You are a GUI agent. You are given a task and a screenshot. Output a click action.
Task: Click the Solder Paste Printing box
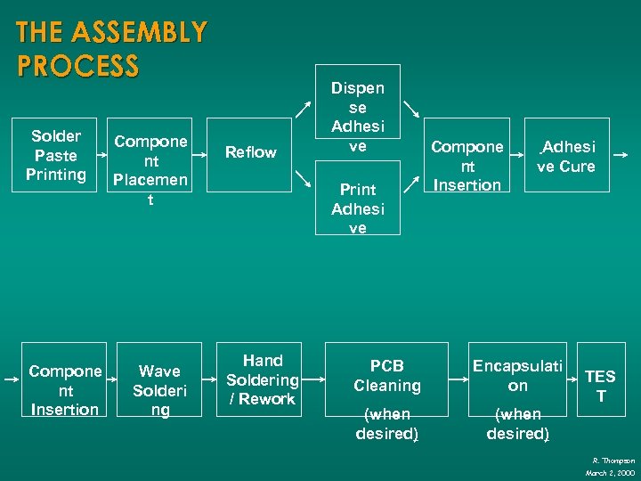[55, 155]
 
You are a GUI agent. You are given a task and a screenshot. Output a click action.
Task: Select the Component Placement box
[150, 170]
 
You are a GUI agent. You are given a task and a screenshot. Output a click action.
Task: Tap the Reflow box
[250, 152]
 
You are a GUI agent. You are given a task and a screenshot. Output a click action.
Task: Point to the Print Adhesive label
[357, 208]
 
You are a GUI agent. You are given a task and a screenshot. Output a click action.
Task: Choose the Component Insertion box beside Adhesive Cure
[467, 166]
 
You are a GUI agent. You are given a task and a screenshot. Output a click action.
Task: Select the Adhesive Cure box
[565, 156]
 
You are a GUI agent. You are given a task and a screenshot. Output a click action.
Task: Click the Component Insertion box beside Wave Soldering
[64, 390]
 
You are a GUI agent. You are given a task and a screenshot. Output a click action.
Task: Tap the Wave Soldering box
[159, 390]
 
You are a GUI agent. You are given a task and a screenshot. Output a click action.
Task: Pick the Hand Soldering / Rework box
[263, 379]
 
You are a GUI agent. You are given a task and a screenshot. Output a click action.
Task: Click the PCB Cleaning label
[386, 376]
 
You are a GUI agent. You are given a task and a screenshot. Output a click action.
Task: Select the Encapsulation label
[517, 376]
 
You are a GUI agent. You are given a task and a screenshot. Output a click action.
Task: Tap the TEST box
[600, 386]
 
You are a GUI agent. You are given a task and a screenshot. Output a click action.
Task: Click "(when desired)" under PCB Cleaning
[386, 424]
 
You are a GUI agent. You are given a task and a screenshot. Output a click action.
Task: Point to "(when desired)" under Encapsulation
[517, 424]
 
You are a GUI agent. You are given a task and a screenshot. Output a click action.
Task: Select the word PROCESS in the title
[77, 66]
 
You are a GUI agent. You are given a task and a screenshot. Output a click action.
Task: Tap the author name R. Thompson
[613, 461]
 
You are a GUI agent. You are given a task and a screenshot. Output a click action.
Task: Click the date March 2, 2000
[610, 472]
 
